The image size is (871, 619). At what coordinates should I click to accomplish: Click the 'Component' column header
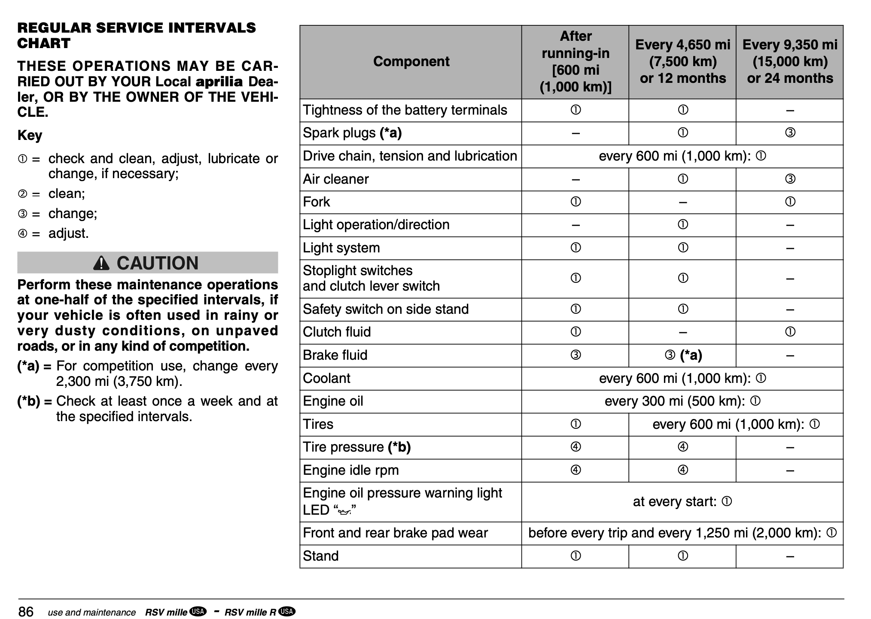click(411, 61)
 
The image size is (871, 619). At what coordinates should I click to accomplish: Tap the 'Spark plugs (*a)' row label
click(352, 133)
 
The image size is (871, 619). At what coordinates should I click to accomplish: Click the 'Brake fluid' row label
click(335, 355)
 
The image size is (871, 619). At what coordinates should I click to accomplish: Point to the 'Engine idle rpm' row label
click(350, 470)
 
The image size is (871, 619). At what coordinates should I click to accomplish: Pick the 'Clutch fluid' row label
click(337, 332)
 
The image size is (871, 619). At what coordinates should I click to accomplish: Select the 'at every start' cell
click(682, 501)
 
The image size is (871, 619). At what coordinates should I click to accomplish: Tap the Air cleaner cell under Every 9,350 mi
click(790, 179)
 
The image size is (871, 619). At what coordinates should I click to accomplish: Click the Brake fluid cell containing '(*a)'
click(683, 355)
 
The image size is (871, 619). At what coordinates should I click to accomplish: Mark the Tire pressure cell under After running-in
click(576, 447)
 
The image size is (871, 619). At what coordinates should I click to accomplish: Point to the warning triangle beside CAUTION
click(101, 263)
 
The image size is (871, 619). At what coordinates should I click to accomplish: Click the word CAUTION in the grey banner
click(158, 263)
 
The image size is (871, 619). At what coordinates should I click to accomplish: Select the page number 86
click(26, 611)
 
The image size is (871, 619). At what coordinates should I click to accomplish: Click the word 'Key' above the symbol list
click(30, 135)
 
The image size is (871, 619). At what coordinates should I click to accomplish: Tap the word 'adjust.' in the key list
click(68, 233)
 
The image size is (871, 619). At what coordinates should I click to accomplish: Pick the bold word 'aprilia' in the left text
click(219, 82)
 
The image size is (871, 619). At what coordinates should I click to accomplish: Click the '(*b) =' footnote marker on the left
click(34, 401)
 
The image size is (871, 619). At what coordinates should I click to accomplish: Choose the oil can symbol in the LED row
click(344, 511)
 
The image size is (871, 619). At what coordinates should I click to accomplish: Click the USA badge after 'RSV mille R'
click(286, 611)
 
